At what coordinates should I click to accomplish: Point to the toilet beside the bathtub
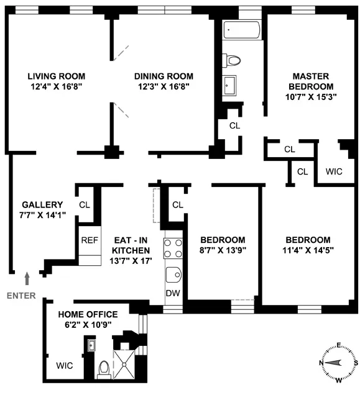pyautogui.click(x=233, y=60)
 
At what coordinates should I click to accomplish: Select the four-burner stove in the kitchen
pyautogui.click(x=173, y=248)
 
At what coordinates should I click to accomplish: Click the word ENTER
pyautogui.click(x=21, y=296)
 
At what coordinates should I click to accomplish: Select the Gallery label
pyautogui.click(x=43, y=205)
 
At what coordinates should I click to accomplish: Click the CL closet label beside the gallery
pyautogui.click(x=85, y=204)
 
